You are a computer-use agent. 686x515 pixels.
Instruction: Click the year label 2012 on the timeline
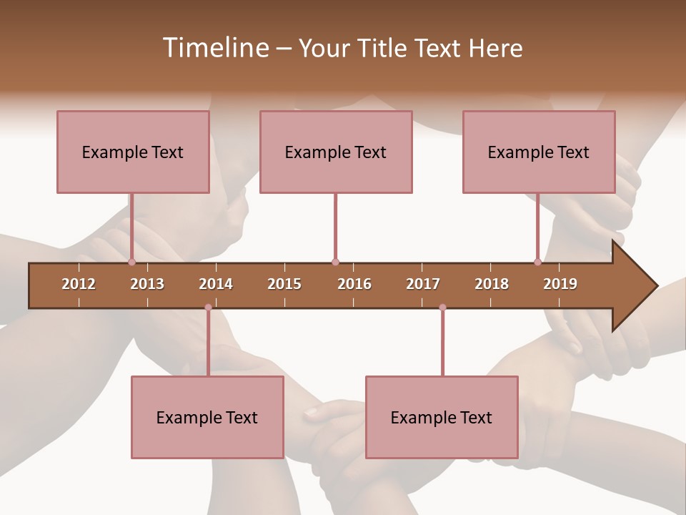79,284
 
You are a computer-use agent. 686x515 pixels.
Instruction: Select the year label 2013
147,284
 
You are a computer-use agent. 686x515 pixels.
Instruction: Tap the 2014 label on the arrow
216,284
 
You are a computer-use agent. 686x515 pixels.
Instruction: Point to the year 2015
284,284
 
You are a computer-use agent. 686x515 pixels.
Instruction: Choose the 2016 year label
354,284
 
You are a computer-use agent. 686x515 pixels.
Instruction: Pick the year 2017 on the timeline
423,284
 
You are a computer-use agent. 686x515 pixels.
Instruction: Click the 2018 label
492,284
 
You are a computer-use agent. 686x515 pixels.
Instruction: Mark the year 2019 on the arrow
560,284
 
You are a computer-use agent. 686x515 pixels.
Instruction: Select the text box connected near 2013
133,152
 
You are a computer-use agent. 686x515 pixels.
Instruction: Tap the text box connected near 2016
336,152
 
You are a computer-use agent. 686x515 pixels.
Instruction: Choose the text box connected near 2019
539,152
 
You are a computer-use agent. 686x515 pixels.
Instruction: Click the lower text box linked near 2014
207,417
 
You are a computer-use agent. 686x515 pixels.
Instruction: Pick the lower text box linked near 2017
442,417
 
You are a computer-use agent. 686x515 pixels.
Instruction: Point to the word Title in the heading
386,48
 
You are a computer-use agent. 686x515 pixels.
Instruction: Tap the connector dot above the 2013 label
132,262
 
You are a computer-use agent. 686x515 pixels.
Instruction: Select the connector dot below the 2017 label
442,308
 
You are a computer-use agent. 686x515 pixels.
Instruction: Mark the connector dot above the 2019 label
538,262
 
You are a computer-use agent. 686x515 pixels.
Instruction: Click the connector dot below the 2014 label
208,308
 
